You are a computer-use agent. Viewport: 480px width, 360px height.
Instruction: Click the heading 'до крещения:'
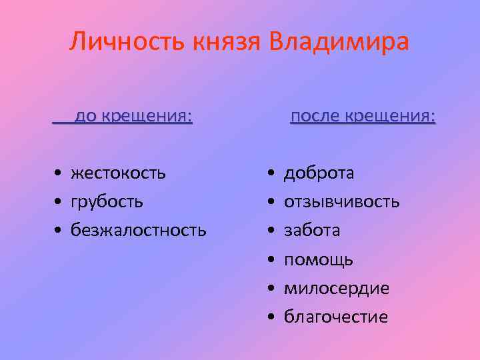(x=133, y=117)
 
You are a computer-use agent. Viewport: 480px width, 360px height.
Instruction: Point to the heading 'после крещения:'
(x=363, y=117)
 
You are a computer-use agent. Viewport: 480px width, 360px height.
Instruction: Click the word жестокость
(x=119, y=173)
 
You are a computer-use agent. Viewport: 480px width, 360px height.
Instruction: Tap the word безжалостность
(x=138, y=231)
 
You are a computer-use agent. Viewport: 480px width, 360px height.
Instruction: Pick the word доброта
(x=319, y=173)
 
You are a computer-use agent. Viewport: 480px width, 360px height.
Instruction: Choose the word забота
(x=312, y=231)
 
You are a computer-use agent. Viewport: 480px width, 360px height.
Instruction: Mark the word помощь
(x=319, y=260)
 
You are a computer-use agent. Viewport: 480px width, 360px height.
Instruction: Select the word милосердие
(x=337, y=289)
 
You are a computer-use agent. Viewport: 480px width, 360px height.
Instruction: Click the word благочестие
(x=336, y=317)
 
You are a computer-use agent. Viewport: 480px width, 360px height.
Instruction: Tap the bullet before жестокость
(x=59, y=174)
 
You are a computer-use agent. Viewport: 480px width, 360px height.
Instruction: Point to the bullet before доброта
(x=271, y=174)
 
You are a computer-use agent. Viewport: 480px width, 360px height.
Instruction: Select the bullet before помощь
(x=271, y=260)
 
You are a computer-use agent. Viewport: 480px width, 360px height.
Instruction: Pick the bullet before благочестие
(x=271, y=317)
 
